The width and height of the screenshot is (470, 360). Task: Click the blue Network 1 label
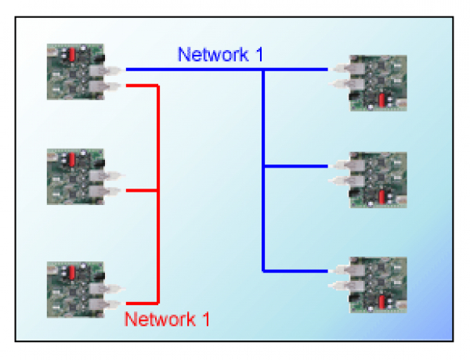coord(220,55)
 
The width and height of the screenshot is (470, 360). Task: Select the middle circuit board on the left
coord(75,176)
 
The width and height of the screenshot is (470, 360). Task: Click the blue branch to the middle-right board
coord(298,167)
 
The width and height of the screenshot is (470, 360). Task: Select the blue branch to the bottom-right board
coord(298,271)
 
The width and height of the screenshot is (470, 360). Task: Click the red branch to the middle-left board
coord(141,190)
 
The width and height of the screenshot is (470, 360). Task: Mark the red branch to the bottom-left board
coord(141,302)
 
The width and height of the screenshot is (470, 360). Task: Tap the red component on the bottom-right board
coord(381,301)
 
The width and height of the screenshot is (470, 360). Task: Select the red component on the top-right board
coord(381,99)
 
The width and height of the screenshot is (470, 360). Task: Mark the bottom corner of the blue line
coord(264,271)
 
